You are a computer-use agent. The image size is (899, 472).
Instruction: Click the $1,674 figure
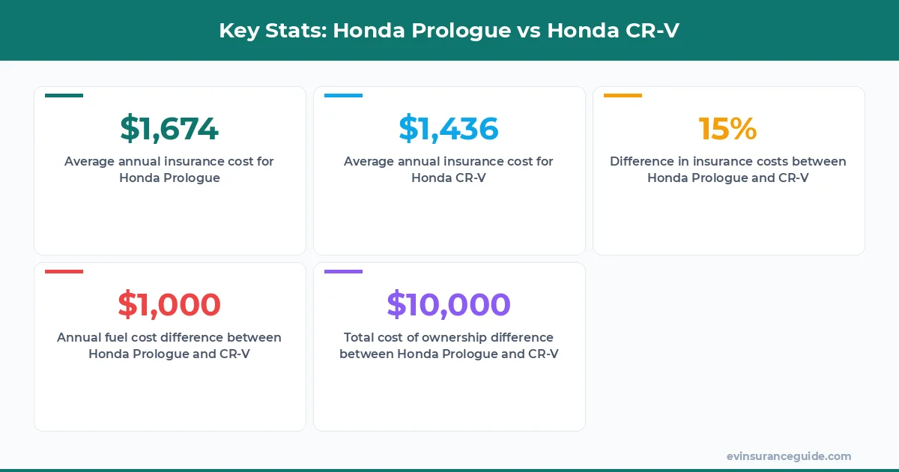coord(169,129)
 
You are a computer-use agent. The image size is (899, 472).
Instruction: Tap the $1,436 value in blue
coord(449,129)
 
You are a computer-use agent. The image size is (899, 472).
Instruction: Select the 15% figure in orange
coord(728,129)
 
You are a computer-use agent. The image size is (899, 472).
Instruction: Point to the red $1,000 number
coord(169,305)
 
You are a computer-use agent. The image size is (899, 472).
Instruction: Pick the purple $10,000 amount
coord(449,305)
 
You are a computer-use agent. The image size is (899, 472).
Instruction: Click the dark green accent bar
coord(64,96)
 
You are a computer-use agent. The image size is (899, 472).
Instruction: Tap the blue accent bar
coord(343,96)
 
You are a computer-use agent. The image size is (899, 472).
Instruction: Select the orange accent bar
coord(623,96)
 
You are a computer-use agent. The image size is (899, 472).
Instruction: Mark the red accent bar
coord(64,271)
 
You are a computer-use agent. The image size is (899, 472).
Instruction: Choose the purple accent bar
coord(343,271)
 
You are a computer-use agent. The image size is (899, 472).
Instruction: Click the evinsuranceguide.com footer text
coord(789,456)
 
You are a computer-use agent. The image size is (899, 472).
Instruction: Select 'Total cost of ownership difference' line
coord(449,337)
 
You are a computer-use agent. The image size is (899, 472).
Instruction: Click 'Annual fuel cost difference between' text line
coord(169,337)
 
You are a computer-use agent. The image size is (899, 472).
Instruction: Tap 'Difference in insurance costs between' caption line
coord(728,161)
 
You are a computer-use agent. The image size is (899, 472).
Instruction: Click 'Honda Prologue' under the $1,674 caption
coord(169,178)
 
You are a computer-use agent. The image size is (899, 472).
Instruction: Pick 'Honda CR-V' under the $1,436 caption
coord(449,178)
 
